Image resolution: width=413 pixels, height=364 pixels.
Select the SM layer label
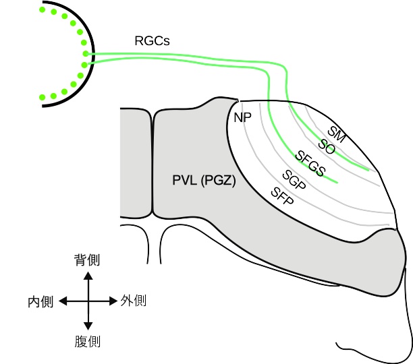tap(337, 133)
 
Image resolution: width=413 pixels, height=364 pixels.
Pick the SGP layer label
tap(295, 179)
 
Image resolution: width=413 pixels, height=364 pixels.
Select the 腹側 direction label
tap(87, 341)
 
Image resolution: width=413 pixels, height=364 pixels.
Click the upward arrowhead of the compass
tap(88, 275)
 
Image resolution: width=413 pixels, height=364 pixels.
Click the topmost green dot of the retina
tap(44, 9)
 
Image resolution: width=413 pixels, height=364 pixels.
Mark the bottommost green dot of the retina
tap(43, 98)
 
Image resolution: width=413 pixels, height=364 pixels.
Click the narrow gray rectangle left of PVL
tap(134, 162)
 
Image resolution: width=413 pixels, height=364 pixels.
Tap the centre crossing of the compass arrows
tap(88, 301)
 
